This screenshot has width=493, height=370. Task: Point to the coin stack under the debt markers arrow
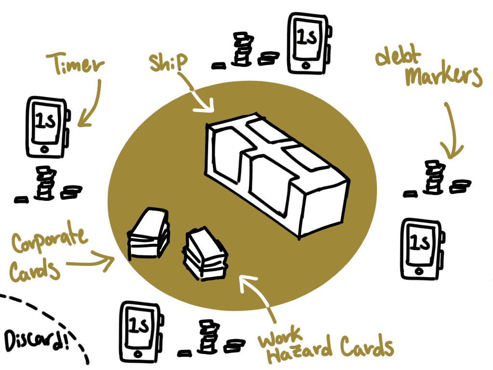pyautogui.click(x=433, y=178)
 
